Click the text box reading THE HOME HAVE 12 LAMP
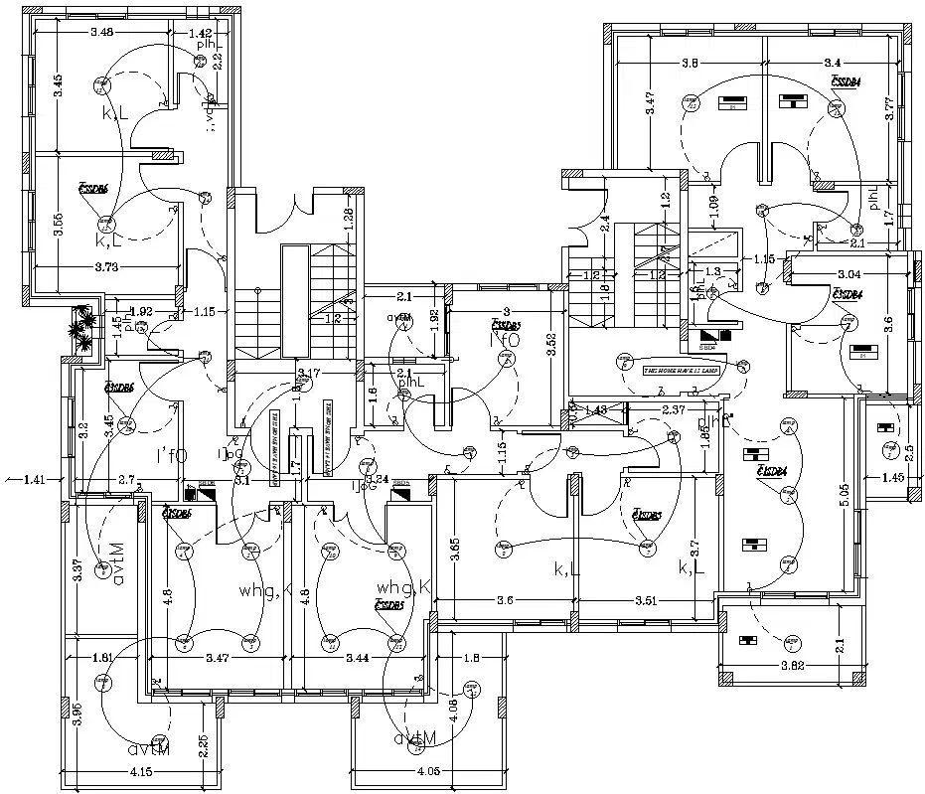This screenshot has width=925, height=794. (681, 370)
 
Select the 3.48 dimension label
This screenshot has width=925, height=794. (101, 33)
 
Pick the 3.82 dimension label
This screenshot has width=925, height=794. (792, 665)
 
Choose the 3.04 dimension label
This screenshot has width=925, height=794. (848, 273)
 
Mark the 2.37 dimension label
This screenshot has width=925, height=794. (673, 409)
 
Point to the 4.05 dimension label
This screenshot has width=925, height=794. (429, 771)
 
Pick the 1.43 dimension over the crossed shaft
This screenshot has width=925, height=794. (595, 409)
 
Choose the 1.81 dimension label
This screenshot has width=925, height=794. (102, 658)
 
